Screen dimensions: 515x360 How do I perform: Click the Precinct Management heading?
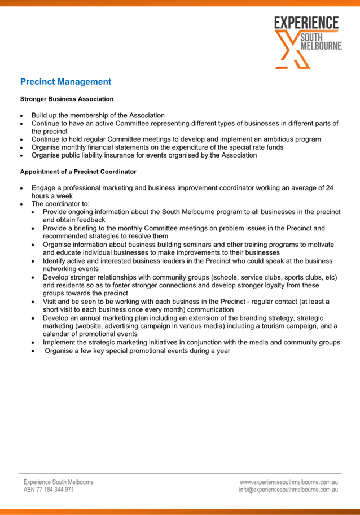pos(65,82)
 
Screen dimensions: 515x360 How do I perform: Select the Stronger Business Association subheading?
pos(67,99)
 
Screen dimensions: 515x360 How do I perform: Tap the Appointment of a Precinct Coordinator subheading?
pos(78,171)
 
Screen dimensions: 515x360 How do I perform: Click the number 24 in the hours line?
pos(329,188)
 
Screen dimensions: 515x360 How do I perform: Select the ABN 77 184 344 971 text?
pos(49,490)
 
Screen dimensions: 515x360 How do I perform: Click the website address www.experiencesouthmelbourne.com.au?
pos(288,482)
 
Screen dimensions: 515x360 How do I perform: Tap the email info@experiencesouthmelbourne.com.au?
pos(288,490)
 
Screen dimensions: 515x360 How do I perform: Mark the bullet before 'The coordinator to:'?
pos(21,204)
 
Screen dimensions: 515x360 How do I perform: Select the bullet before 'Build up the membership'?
pos(21,115)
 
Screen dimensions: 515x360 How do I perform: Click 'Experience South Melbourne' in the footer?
pos(58,482)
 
